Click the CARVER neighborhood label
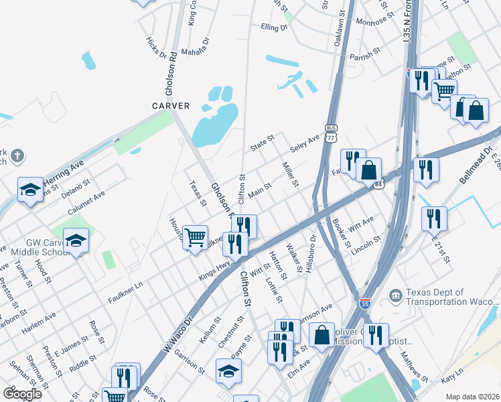coord(171,106)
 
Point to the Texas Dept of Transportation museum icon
coord(395,295)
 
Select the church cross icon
coord(17,157)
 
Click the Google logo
coord(21,393)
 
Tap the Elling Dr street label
coord(274,28)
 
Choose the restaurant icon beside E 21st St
coord(434,218)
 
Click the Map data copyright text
coord(472,396)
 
